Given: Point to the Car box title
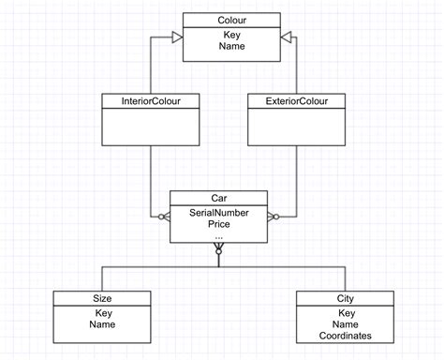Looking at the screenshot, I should pos(218,198).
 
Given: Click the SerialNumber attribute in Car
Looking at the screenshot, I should pos(218,212).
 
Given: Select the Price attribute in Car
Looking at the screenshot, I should pos(218,224).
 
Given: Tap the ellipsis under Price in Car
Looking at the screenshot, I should pos(218,235).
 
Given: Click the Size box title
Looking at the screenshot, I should pos(102,298).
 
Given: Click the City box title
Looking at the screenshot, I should pos(345,298).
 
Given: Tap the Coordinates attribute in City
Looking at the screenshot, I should pos(345,336).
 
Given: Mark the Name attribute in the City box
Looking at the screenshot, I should pos(345,323).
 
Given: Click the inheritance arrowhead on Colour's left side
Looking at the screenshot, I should pos(175,35).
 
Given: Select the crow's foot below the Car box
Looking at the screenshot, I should pos(218,249).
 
